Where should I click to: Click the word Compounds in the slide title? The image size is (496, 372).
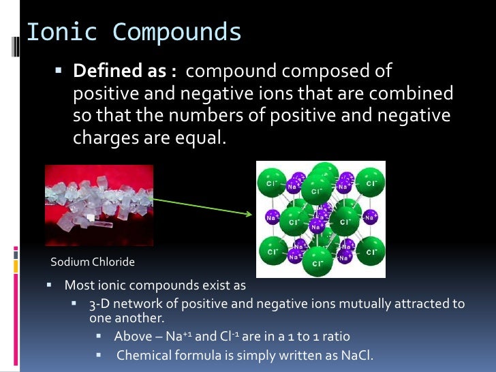[x=177, y=32]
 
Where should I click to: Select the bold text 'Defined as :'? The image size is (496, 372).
[x=125, y=71]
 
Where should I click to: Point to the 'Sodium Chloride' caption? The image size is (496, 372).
[x=93, y=262]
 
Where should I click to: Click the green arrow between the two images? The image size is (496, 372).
[x=198, y=205]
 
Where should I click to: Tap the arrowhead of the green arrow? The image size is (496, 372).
[x=249, y=213]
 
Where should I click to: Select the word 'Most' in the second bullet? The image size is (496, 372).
[x=77, y=285]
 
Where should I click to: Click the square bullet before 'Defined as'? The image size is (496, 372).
[x=58, y=70]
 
